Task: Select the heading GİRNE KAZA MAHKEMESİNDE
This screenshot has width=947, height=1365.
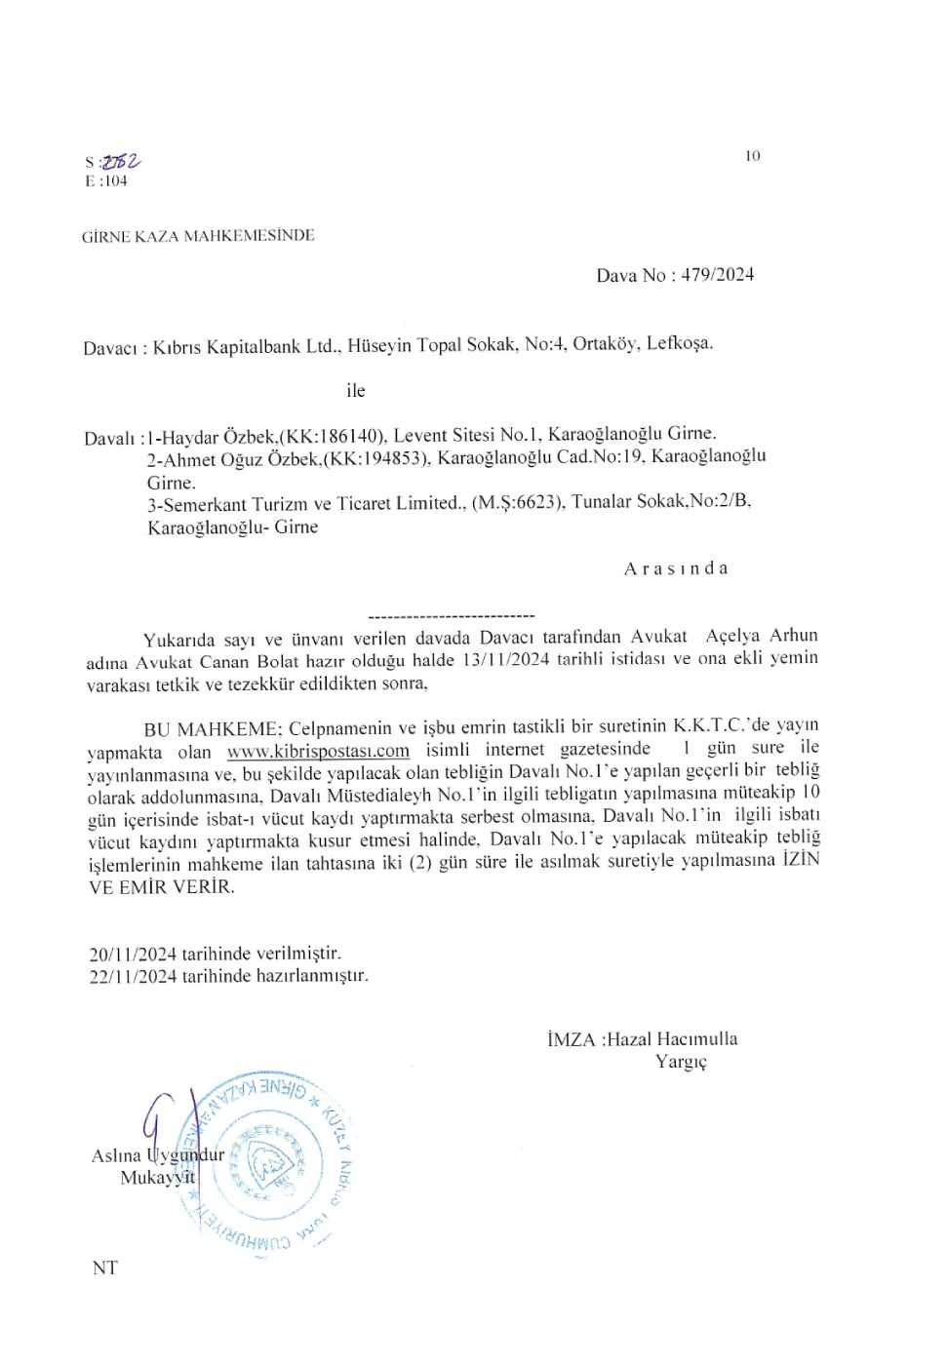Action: pos(198,236)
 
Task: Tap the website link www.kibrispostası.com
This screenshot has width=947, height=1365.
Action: pos(318,751)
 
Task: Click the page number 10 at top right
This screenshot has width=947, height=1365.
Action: pos(751,156)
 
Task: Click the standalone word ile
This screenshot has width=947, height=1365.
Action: pos(355,391)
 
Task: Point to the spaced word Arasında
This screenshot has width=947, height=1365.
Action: pos(676,568)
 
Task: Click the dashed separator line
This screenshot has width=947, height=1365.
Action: pos(452,616)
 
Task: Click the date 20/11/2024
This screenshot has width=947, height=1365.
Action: pos(133,954)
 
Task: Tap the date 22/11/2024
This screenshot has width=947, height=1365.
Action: pos(133,976)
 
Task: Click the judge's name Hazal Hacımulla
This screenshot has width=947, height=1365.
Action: pos(671,1039)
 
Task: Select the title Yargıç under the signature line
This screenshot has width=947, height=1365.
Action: pos(681,1062)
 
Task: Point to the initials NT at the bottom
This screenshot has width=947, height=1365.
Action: pos(104,1267)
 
